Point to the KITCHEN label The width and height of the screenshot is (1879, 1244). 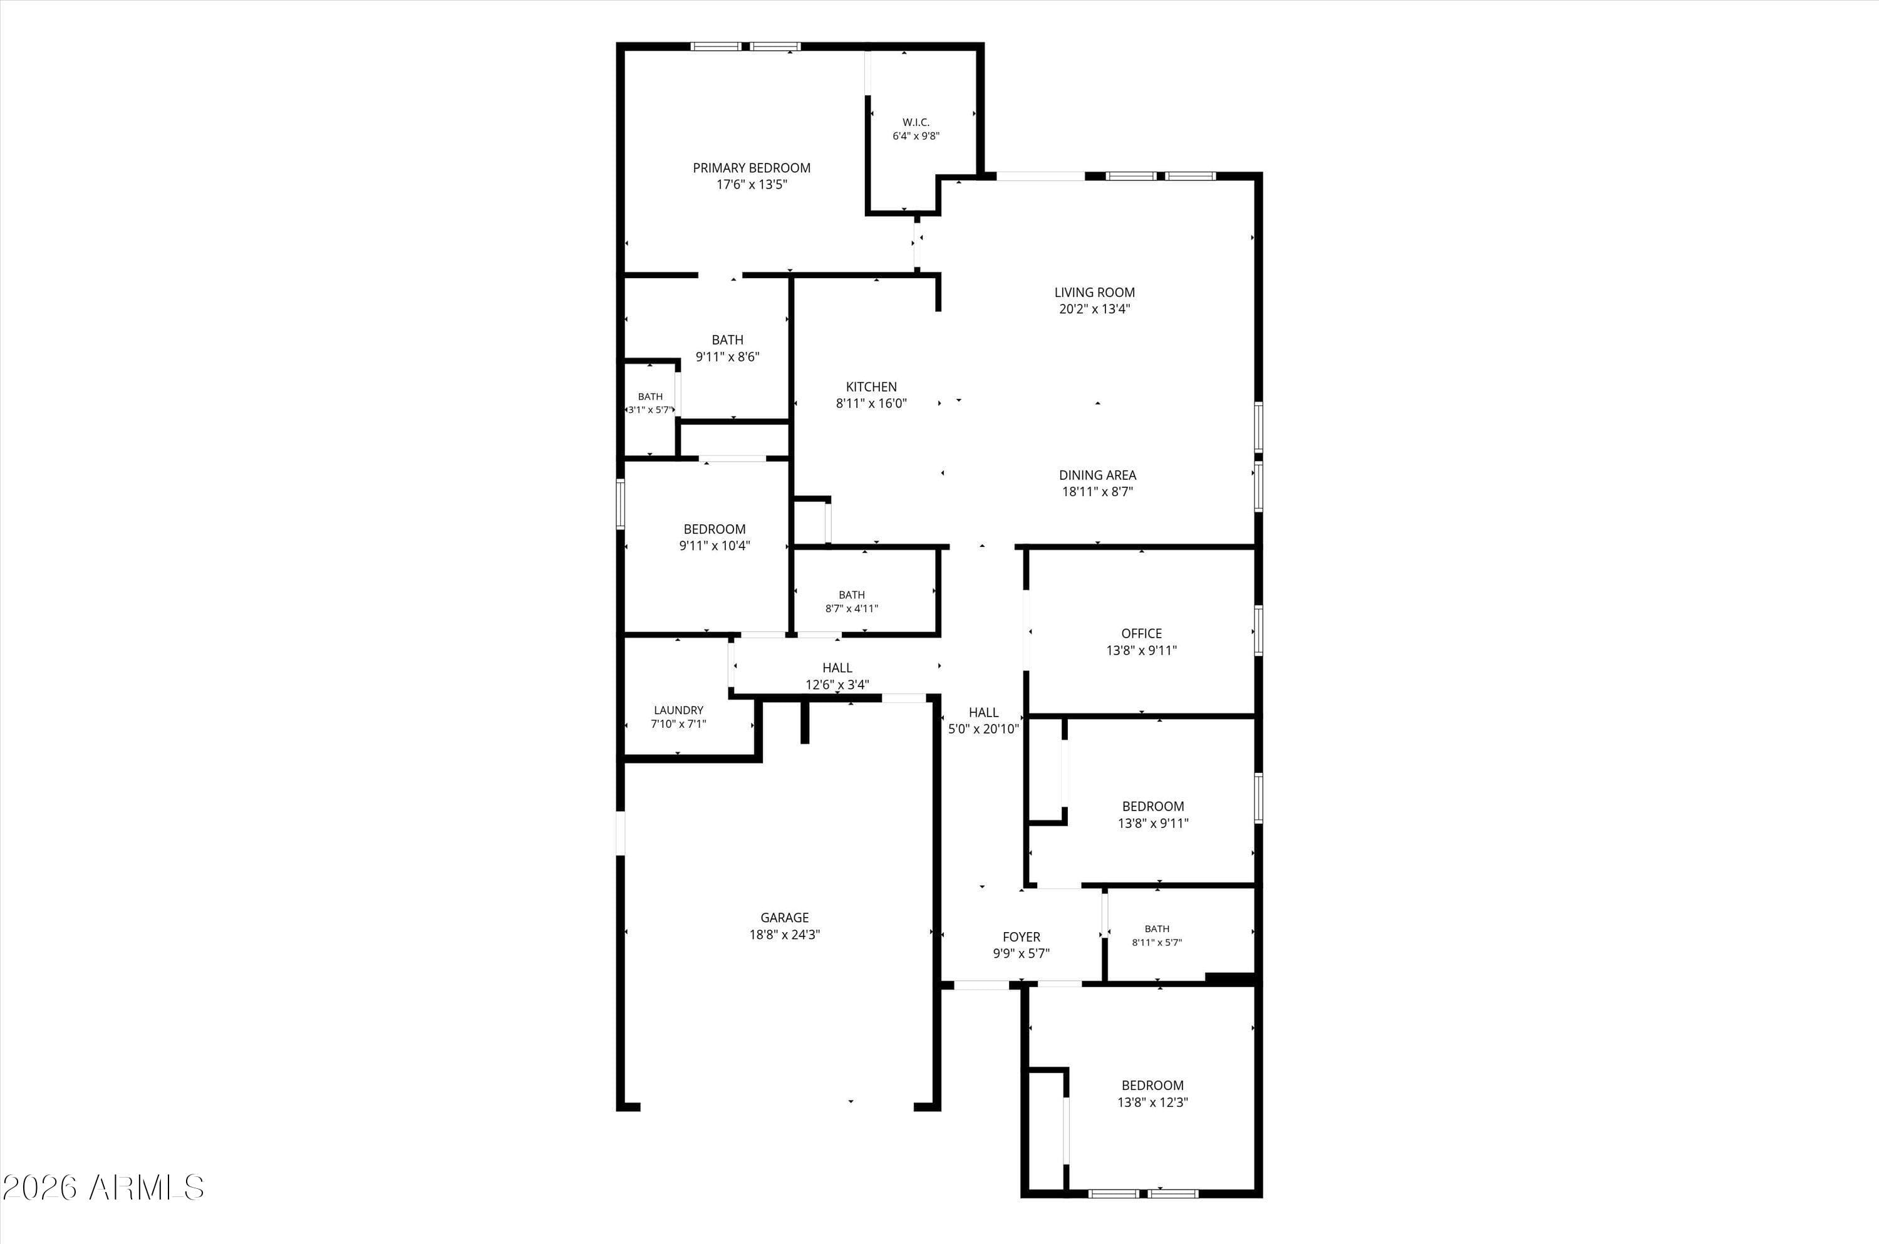point(871,387)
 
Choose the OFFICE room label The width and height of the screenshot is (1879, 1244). point(1141,634)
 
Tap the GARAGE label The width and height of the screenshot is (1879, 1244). point(784,918)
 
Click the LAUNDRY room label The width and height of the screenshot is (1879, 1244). point(678,711)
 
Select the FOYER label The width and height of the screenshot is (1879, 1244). point(1021,937)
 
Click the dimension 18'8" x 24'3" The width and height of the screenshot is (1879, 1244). point(784,935)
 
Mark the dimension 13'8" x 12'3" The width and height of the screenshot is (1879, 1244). point(1152,1102)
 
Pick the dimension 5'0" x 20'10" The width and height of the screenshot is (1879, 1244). point(983,729)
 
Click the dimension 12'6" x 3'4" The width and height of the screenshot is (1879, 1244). point(837,685)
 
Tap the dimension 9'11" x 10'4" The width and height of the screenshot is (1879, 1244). point(714,546)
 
